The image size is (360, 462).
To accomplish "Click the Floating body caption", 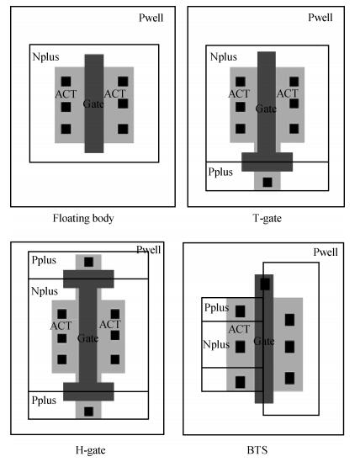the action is point(83,219).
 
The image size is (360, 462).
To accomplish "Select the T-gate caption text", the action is point(267,219).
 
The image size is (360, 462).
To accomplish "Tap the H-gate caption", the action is point(91,450).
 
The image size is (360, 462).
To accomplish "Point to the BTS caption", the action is point(257,450).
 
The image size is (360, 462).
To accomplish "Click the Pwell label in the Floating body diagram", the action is point(151,18).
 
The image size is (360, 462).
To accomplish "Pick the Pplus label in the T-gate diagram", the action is point(220,172).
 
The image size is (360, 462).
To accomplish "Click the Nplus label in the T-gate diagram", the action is point(223,56).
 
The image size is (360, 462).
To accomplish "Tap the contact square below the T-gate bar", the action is point(267,182).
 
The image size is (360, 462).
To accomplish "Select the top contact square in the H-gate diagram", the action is point(88,262).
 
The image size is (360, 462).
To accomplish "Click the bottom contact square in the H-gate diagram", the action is point(88,412).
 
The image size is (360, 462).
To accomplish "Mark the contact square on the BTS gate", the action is point(265,284).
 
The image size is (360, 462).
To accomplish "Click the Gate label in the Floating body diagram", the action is point(93,104).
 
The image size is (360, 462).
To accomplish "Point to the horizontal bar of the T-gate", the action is point(267,162).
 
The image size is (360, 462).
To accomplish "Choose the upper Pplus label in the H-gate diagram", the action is point(44,261).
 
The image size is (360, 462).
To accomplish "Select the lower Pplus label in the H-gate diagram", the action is point(44,401).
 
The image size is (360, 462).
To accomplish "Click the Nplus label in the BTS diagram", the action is point(216,344).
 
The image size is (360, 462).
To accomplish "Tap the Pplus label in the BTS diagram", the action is point(216,308).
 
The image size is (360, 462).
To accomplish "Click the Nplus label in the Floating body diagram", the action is point(45,56).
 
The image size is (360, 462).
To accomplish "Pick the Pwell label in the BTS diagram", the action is point(326,252).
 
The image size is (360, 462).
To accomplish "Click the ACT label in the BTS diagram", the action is point(239,329).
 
